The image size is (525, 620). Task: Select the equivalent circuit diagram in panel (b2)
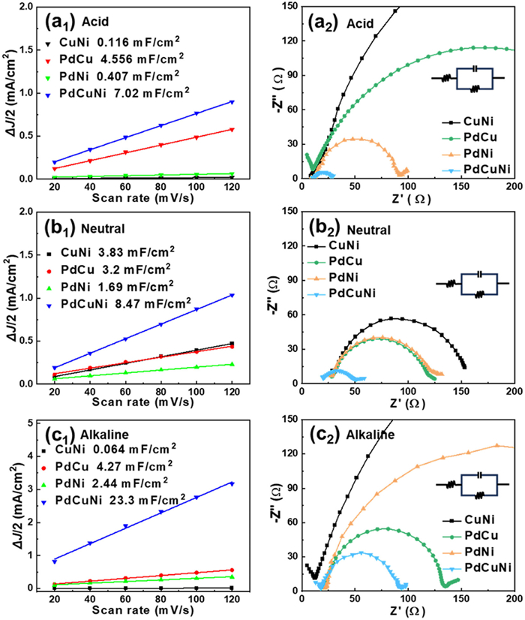(x=473, y=284)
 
